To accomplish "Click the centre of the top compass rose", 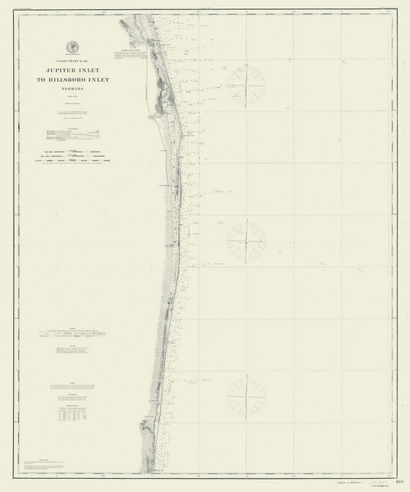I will tap(246, 84).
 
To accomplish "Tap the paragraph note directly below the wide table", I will tap(72, 350).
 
